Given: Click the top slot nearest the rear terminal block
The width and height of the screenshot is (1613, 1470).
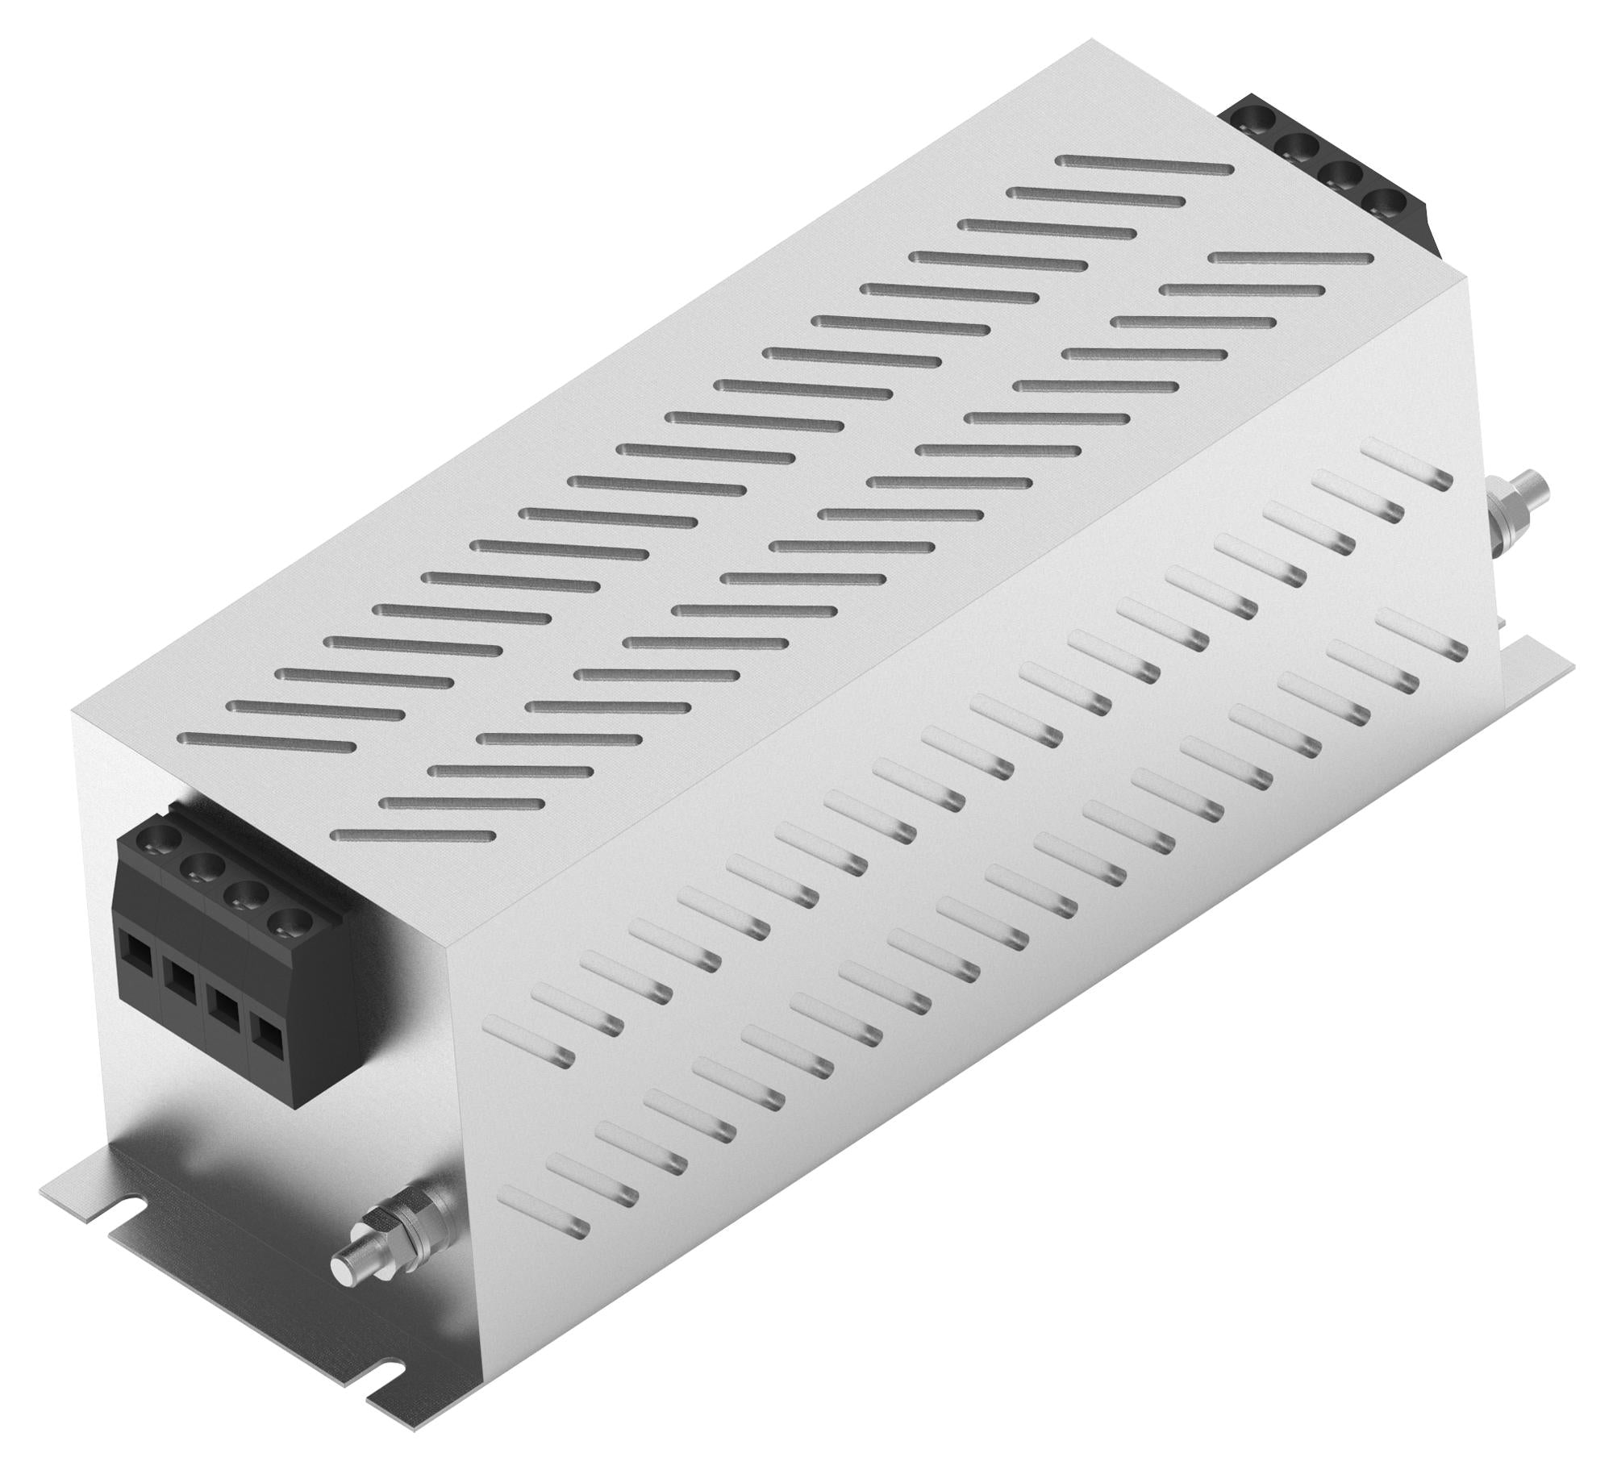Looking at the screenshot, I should point(1145,165).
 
